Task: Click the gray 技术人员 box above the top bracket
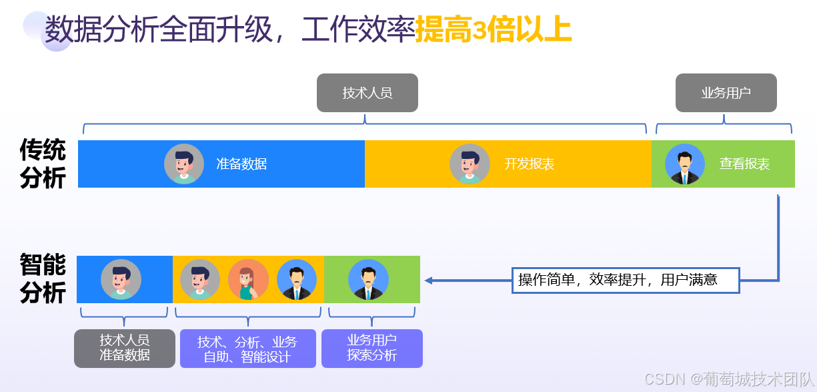coord(367,93)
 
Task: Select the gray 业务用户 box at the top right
coord(726,93)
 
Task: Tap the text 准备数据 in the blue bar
coord(241,164)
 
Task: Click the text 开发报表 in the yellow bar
coord(529,164)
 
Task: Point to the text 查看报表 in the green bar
coord(744,164)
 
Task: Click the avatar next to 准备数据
coord(184,164)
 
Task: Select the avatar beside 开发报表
coord(470,164)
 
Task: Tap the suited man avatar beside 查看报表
coord(684,164)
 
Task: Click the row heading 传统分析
coord(43,164)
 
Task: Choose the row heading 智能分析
coord(43,278)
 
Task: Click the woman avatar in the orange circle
coord(248,279)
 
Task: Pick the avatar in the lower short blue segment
coord(121,279)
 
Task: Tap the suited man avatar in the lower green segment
coord(368,279)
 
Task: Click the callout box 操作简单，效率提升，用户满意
coord(626,280)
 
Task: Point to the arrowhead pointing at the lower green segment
coord(429,280)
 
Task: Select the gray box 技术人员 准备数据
coord(125,348)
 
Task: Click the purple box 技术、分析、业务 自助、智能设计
coord(247,349)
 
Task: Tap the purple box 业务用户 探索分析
coord(371,348)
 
